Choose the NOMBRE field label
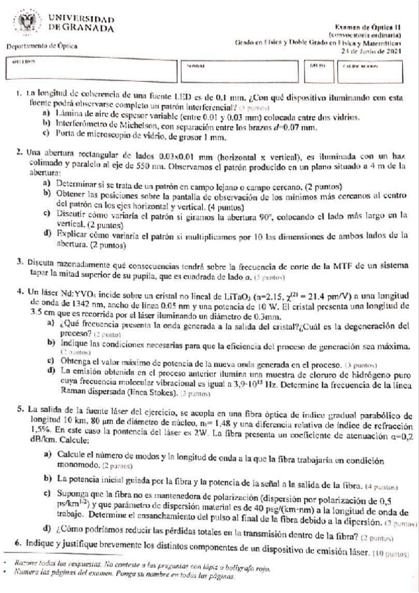(x=196, y=64)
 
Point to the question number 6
(x=17, y=543)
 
